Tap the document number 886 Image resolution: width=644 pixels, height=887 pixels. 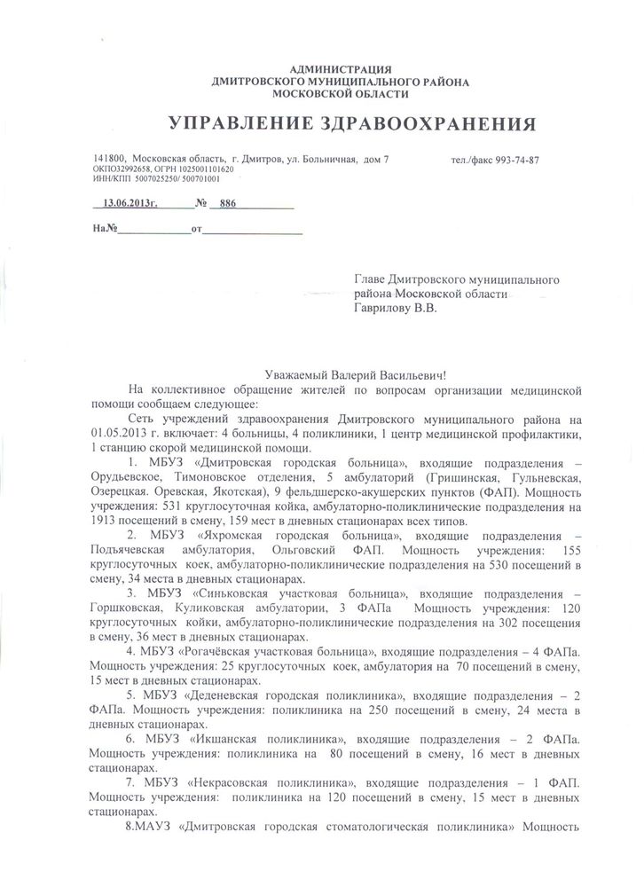coord(229,202)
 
